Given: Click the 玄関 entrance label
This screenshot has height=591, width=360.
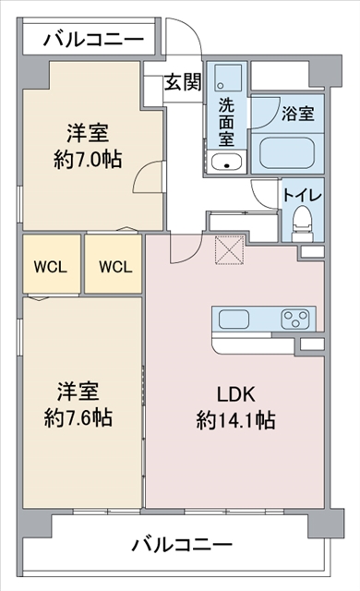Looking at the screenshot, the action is (x=183, y=82).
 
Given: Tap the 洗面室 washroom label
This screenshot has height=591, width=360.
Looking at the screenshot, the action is (x=226, y=123).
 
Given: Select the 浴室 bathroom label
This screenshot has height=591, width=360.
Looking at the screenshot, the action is (x=298, y=114).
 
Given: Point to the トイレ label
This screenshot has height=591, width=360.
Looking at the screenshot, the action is (x=303, y=196).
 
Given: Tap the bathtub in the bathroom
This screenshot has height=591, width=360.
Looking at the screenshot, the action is (x=287, y=154).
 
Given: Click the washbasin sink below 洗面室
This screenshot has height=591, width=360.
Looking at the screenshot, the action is (x=226, y=163).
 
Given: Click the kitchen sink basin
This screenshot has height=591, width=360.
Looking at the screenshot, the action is (x=234, y=320).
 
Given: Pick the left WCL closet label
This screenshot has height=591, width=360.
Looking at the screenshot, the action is (x=51, y=267).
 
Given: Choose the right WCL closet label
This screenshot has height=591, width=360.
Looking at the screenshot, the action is (x=115, y=267).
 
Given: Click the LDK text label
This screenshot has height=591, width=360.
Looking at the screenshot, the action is (x=235, y=394).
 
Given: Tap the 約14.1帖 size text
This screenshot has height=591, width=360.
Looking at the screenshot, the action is (x=235, y=420).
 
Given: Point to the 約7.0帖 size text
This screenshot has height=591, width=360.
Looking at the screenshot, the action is (x=88, y=159).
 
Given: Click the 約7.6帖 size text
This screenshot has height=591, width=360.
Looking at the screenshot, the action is (x=78, y=417).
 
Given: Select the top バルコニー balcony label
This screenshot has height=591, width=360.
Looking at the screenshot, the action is (x=93, y=39).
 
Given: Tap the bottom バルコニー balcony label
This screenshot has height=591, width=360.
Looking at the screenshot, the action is (x=182, y=545).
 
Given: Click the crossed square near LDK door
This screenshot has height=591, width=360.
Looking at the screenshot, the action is (x=230, y=250).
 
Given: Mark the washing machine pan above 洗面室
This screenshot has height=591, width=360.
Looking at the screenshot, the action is (x=228, y=78).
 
